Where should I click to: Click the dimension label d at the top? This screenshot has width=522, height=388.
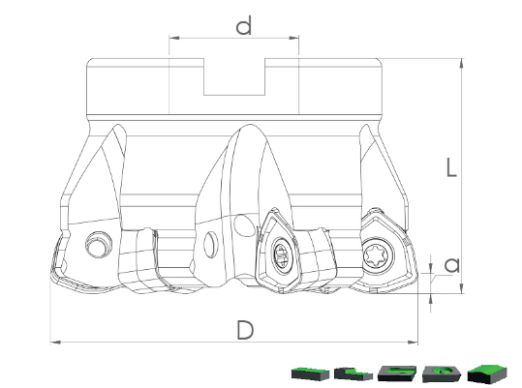point(243,26)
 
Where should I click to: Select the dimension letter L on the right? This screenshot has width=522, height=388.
point(451,166)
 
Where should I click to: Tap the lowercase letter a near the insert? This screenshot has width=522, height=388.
point(452,265)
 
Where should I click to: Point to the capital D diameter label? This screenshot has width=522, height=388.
point(245,330)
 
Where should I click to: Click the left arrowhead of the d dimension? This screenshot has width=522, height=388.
point(174,38)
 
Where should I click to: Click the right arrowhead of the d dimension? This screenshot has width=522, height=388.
point(293,38)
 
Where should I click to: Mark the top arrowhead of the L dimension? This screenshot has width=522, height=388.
point(461,64)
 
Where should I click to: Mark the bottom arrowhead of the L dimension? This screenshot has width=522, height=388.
point(461,288)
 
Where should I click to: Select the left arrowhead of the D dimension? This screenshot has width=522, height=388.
point(55,342)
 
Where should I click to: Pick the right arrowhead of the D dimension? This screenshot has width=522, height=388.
point(413,342)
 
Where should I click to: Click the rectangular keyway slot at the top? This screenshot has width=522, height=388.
point(234,76)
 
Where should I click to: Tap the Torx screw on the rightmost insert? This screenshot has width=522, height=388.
point(377,256)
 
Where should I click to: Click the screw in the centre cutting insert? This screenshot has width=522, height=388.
point(282,254)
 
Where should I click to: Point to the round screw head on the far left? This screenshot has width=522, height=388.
point(98,245)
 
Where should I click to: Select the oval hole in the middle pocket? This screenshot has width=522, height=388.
point(211,245)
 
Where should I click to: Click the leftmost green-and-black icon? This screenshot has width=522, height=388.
point(310,373)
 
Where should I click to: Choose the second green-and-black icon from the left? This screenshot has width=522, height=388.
point(353,373)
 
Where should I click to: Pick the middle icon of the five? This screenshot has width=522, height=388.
point(397,373)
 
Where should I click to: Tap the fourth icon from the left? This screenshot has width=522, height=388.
point(442,373)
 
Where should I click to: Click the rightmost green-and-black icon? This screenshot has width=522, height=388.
point(487,373)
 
